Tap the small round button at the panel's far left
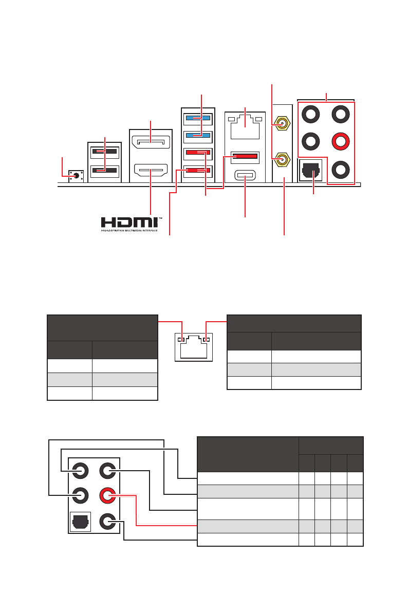point(76,175)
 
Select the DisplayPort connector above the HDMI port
point(150,140)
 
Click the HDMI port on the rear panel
point(150,169)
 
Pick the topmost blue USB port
point(197,118)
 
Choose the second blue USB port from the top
point(197,136)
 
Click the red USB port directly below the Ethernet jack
point(244,156)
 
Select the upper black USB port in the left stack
point(104,153)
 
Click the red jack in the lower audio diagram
point(107,496)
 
